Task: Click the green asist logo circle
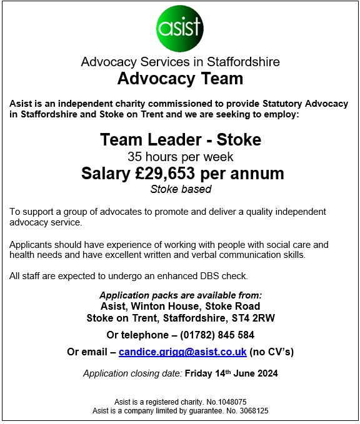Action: (180, 29)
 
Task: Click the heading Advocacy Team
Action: (180, 79)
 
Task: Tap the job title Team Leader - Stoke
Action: (180, 139)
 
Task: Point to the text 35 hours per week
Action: (180, 156)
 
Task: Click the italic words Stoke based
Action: (180, 189)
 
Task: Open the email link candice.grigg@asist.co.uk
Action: (182, 352)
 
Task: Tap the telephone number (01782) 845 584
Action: (211, 335)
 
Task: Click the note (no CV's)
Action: (272, 352)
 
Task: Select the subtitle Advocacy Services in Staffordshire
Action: (180, 62)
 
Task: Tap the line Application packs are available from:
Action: (180, 295)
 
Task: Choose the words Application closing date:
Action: (132, 374)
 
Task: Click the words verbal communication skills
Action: (236, 255)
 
